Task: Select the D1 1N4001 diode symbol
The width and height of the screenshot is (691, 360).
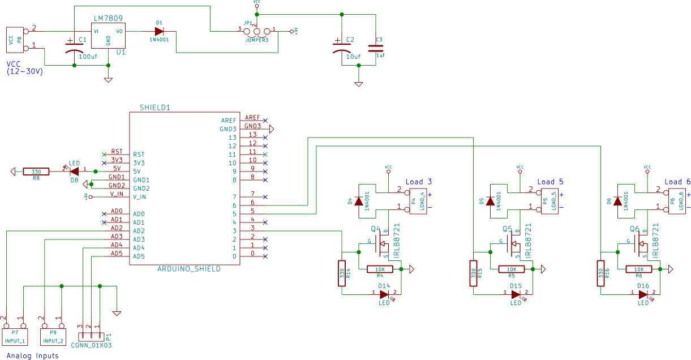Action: tap(159, 31)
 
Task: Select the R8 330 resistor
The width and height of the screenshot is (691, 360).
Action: tap(36, 171)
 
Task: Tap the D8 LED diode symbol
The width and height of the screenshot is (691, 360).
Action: tap(74, 170)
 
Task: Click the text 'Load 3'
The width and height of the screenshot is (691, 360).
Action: tap(419, 182)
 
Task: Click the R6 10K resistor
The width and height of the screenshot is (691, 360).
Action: tap(638, 269)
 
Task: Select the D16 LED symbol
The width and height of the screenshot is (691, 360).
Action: tap(643, 293)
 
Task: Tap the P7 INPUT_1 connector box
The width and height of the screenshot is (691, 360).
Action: tap(15, 337)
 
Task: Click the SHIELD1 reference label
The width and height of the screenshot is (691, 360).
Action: tap(154, 107)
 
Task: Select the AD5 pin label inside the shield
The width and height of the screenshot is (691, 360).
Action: tap(139, 256)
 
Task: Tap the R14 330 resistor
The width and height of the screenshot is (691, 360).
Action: tap(342, 274)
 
